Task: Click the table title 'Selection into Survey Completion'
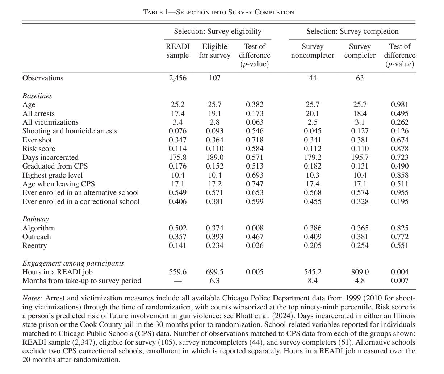tap(219, 12)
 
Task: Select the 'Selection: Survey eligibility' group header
tap(217, 32)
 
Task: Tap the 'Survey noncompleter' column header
tap(312, 51)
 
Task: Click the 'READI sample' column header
tap(177, 51)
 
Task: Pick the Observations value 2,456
tap(177, 78)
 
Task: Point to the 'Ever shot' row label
tap(37, 140)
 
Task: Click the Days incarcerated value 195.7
tap(360, 158)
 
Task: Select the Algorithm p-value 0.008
tap(254, 228)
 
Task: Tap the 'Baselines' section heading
tap(37, 96)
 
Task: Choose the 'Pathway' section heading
tap(35, 219)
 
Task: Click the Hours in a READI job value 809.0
tap(360, 272)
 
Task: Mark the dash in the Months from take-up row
tap(177, 281)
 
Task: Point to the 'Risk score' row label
tap(39, 149)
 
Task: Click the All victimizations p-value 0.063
tap(254, 122)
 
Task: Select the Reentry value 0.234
tap(214, 246)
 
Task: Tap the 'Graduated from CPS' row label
tap(55, 166)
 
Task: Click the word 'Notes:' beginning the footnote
tap(33, 298)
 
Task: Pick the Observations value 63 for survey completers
tap(360, 78)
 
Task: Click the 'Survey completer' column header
tap(360, 51)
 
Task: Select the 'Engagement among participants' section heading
tap(73, 263)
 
